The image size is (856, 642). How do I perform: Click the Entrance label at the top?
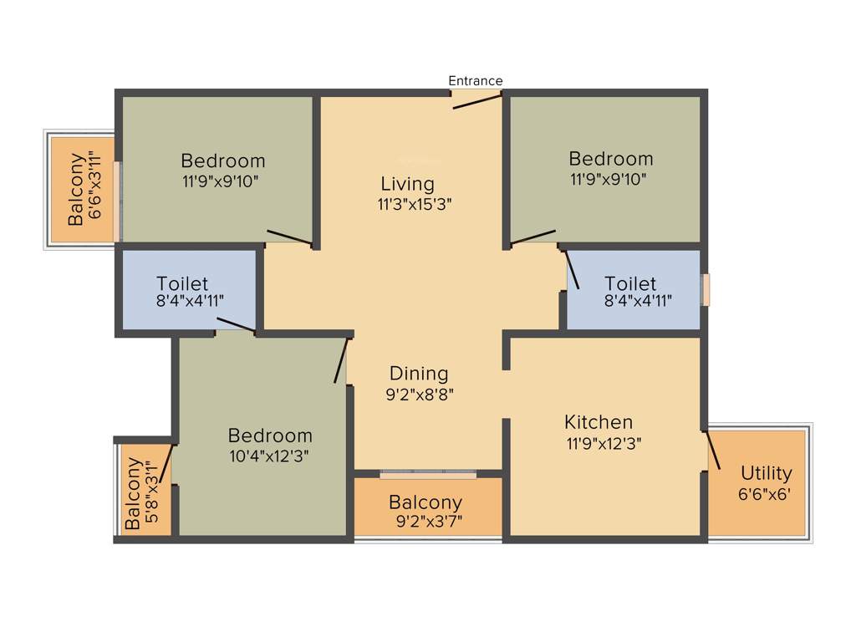(476, 81)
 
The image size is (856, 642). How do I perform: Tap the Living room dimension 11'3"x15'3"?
(415, 203)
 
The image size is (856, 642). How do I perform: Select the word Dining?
(419, 374)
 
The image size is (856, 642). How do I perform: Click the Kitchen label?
(599, 422)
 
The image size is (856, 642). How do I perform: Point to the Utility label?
(766, 474)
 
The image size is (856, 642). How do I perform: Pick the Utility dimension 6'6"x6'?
(764, 494)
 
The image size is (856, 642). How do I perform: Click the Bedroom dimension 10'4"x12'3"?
(270, 456)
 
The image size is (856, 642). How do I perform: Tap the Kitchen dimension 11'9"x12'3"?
(604, 443)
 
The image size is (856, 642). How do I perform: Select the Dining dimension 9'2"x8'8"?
(420, 395)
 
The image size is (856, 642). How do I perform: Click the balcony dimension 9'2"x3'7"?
(429, 523)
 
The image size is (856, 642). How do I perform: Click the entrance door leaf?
(477, 100)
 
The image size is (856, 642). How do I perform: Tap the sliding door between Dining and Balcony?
(428, 475)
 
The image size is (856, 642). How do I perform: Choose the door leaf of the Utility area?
(714, 451)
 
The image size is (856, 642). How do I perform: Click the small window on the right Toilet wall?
(706, 289)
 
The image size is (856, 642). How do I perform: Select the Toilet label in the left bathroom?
(182, 284)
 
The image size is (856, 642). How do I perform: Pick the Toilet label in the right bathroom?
(630, 283)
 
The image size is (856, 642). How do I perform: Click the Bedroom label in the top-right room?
(611, 159)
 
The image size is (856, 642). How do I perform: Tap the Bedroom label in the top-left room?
(223, 160)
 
